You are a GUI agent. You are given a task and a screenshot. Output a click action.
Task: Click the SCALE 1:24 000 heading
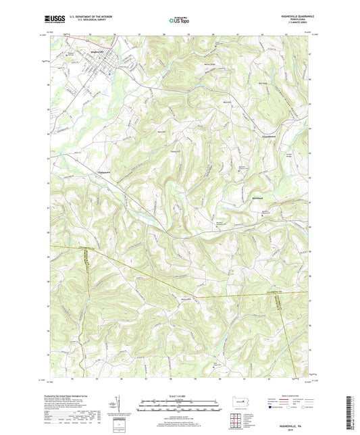coord(180,396)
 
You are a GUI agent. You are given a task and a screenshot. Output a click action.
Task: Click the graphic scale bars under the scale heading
coord(180,405)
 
